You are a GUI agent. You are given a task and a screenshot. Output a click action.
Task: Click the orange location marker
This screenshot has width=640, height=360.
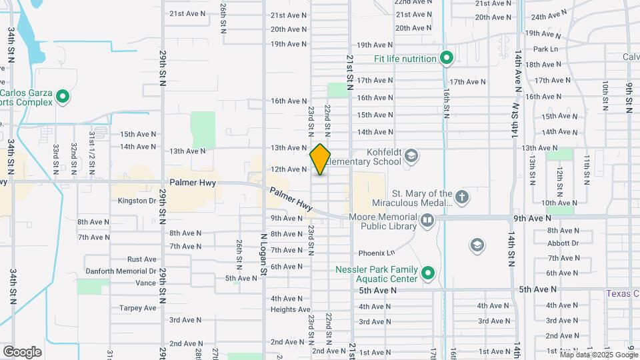click(320, 159)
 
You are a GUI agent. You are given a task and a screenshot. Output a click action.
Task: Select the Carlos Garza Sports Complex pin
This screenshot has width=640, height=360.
click(63, 98)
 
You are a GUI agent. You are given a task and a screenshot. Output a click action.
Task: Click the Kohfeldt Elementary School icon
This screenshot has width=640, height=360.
click(411, 156)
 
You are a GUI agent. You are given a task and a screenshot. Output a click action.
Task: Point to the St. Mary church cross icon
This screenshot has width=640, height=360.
click(461, 197)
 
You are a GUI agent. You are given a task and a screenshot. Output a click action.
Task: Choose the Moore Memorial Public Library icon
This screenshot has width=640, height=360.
click(427, 219)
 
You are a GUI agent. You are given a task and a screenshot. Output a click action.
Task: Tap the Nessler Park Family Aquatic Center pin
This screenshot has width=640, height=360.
click(428, 273)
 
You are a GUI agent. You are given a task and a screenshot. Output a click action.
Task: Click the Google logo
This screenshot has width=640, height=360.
click(22, 351)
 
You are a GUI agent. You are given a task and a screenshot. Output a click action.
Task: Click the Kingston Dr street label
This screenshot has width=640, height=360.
click(136, 201)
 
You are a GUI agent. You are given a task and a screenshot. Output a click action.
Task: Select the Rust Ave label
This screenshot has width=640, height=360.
click(141, 259)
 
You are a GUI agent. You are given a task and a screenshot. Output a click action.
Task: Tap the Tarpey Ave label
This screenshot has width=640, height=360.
click(137, 308)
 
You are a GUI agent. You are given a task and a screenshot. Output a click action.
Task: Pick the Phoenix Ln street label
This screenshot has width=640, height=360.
click(377, 253)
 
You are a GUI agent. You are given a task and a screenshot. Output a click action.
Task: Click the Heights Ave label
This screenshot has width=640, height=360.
click(290, 309)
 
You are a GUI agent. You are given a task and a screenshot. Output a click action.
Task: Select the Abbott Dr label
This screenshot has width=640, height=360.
click(563, 243)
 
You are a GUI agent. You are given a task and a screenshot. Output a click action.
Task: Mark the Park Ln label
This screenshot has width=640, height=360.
click(545, 49)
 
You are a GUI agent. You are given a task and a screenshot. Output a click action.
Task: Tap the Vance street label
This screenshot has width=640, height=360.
click(145, 283)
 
